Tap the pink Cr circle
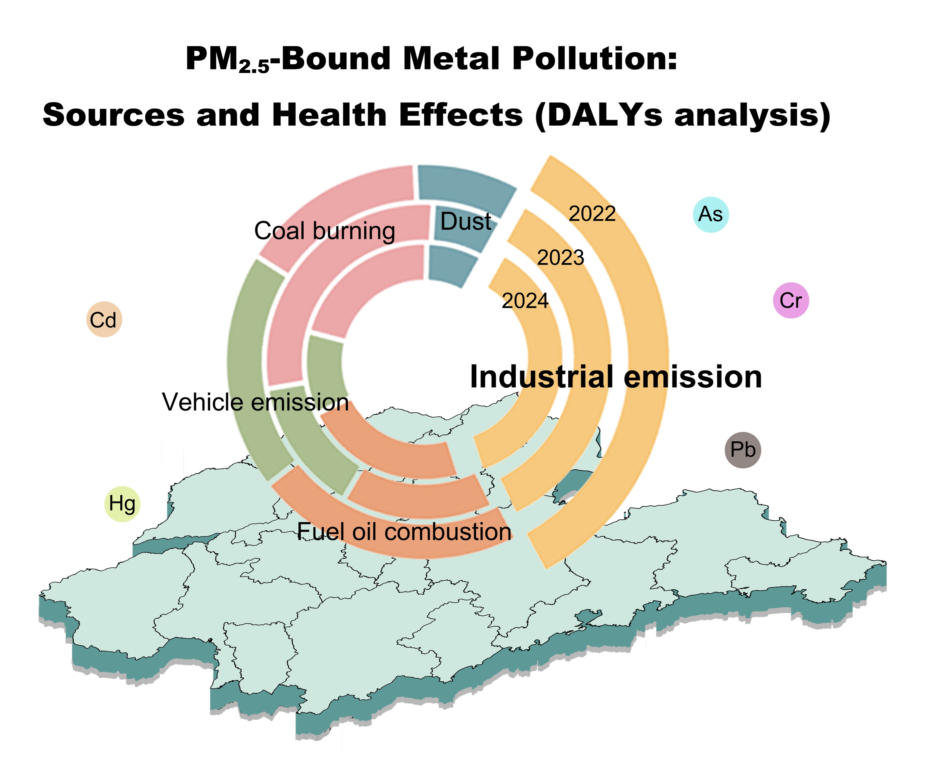pyautogui.click(x=791, y=300)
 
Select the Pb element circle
pyautogui.click(x=743, y=450)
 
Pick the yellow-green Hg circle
pyautogui.click(x=122, y=504)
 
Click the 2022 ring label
pyautogui.click(x=592, y=214)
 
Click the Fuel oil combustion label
pyautogui.click(x=404, y=532)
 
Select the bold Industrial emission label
pyautogui.click(x=616, y=377)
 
